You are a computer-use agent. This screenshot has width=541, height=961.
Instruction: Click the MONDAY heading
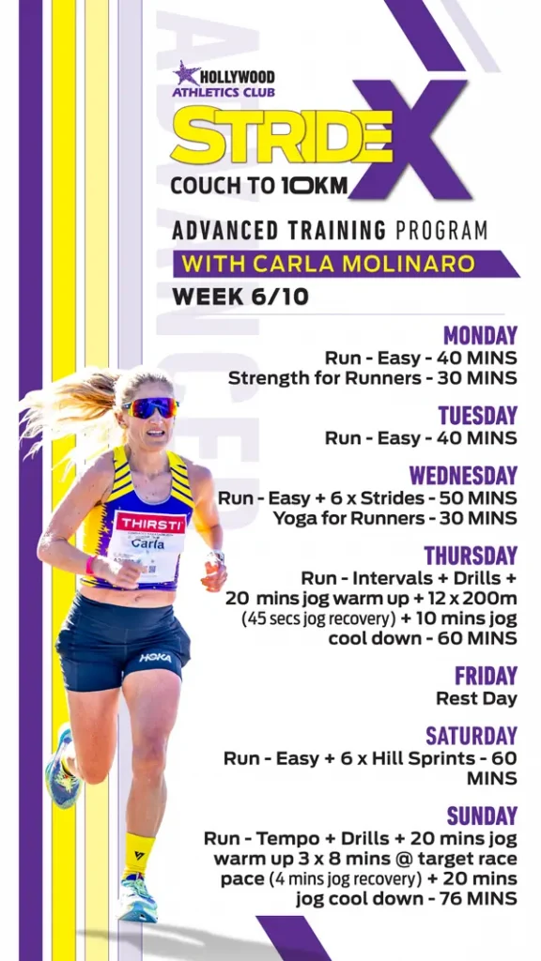click(x=480, y=336)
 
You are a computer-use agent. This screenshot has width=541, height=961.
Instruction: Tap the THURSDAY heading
click(x=471, y=556)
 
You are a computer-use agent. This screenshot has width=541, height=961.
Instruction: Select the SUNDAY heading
click(x=482, y=816)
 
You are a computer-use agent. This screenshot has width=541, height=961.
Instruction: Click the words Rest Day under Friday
click(x=476, y=698)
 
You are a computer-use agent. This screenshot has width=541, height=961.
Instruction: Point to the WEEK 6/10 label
click(x=240, y=297)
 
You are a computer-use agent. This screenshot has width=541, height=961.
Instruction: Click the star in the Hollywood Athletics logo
click(x=187, y=73)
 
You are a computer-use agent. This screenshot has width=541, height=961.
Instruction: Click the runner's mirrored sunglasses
click(x=150, y=407)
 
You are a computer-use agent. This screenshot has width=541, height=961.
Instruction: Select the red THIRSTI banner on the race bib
click(x=151, y=523)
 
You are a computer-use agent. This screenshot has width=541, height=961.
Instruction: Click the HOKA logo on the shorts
click(x=155, y=658)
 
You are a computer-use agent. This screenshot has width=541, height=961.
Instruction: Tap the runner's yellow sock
click(x=138, y=855)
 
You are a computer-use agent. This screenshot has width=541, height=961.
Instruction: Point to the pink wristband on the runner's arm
click(x=91, y=564)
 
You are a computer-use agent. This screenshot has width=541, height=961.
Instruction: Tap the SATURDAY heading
click(x=471, y=736)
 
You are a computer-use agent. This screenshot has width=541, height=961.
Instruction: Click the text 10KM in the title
click(x=315, y=185)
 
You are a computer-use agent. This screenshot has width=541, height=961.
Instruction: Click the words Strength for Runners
click(x=324, y=378)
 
